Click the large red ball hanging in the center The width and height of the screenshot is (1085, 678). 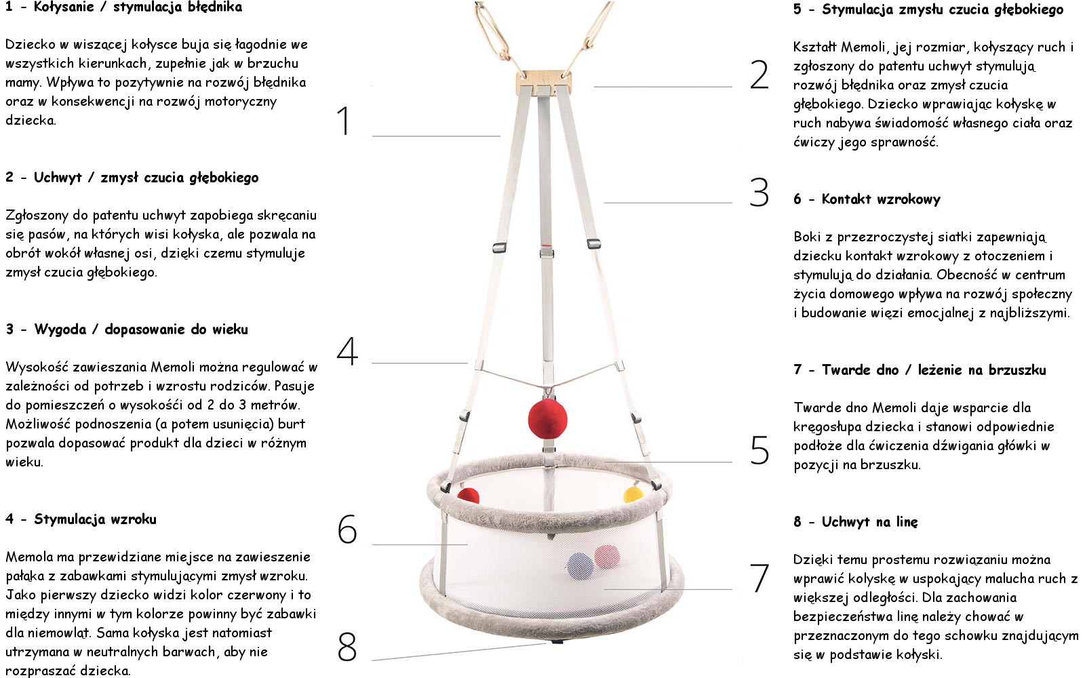point(547,419)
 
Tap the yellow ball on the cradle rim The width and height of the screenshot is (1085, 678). point(633,494)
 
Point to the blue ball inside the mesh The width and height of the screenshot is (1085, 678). point(580,566)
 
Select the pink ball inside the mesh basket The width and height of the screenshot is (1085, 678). point(607,557)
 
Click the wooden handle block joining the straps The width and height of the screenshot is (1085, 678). point(544,82)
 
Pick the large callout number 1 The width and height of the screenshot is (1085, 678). point(343,121)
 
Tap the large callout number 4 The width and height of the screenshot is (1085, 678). point(347,351)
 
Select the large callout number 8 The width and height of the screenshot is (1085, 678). point(347,647)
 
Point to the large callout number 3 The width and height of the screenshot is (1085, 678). point(759,193)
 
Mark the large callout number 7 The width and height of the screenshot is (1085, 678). point(759,577)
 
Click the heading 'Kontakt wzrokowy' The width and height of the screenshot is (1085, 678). point(881,199)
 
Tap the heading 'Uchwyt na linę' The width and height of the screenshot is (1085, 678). point(869,521)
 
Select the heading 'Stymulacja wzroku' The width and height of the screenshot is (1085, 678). point(95,519)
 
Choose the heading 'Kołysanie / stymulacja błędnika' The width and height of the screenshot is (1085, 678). point(138,7)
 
